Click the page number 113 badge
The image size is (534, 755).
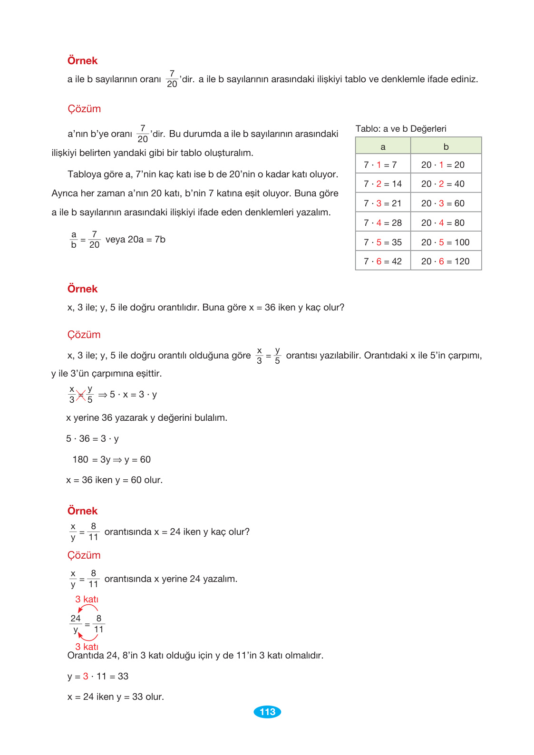[x=267, y=712]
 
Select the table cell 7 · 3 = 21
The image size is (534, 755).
[x=383, y=203]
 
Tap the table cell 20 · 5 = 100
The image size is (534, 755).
[x=446, y=242]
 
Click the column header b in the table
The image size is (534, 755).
[x=446, y=146]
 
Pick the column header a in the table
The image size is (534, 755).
[x=383, y=146]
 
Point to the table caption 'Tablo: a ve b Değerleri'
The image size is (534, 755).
[x=401, y=128]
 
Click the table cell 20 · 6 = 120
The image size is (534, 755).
[x=446, y=261]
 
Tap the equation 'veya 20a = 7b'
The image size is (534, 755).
[x=136, y=239]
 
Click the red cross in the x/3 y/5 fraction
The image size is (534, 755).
[x=81, y=395]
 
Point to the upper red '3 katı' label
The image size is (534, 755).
[x=87, y=599]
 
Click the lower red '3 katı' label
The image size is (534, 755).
[x=87, y=647]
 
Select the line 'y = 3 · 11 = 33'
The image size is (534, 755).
[x=98, y=676]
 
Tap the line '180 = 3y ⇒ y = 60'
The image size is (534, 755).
[x=112, y=459]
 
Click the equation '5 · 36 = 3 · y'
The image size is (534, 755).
[x=92, y=438]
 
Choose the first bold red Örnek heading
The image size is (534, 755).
[x=82, y=60]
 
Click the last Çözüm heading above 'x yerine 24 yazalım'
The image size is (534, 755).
[x=84, y=555]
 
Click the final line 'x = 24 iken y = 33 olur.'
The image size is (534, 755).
[x=116, y=697]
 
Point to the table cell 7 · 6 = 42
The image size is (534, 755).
[x=383, y=261]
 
